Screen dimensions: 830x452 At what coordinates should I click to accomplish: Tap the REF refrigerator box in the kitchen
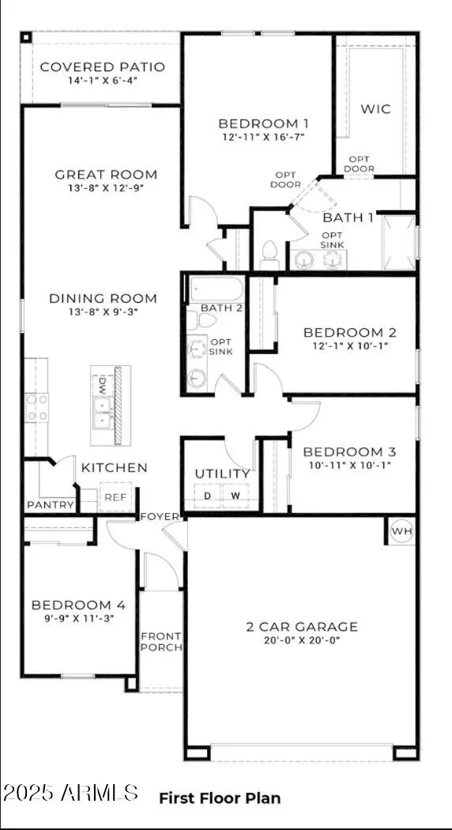click(115, 497)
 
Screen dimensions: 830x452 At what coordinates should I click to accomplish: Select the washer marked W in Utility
click(235, 496)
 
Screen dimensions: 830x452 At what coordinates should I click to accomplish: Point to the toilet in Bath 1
click(268, 255)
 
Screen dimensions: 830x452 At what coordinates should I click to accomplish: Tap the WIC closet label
click(375, 108)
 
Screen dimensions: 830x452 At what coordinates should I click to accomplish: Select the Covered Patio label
click(102, 66)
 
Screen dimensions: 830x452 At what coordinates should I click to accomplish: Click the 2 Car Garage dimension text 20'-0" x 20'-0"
click(301, 641)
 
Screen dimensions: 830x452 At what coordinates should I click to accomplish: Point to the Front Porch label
click(161, 642)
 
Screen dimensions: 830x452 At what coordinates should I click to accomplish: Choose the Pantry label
click(51, 504)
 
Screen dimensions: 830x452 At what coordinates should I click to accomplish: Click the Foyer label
click(160, 516)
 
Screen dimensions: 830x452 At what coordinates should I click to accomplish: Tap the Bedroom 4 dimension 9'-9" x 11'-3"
click(78, 619)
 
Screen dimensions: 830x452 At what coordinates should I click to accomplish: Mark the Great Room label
click(106, 174)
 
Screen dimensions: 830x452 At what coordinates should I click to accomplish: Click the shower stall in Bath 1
click(398, 241)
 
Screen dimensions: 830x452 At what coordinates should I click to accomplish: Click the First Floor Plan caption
click(220, 798)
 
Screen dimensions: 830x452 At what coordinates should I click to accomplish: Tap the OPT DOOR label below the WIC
click(358, 164)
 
